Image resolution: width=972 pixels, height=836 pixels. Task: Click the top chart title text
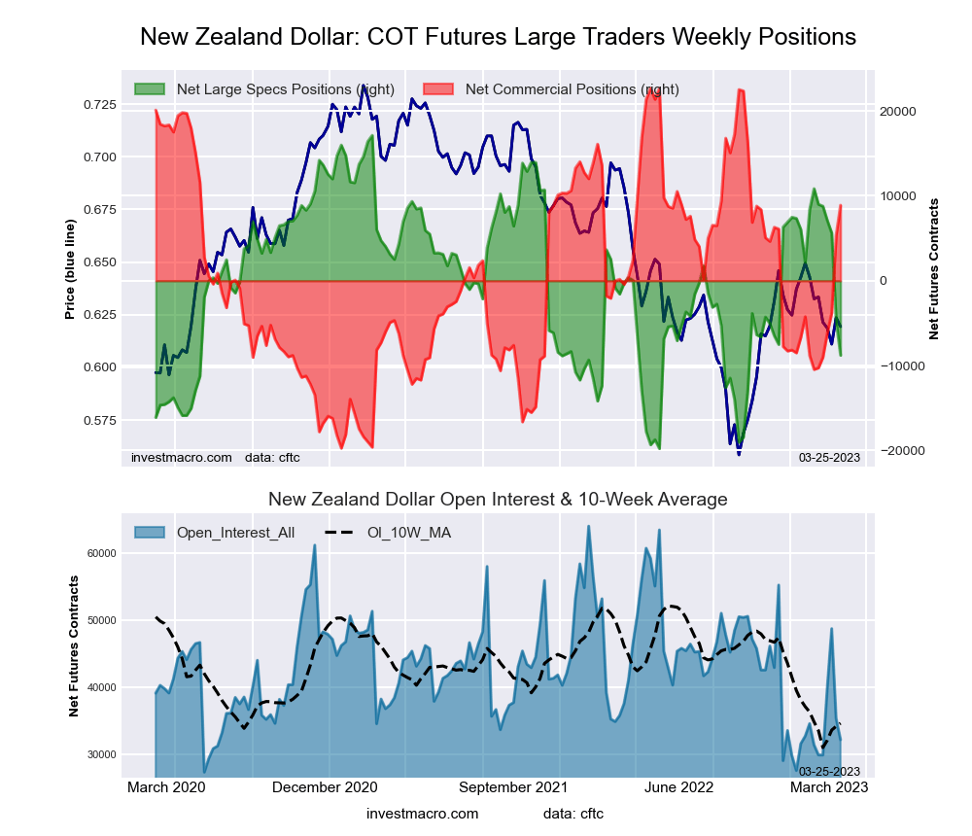pyautogui.click(x=498, y=37)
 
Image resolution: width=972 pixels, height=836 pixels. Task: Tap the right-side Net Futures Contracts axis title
pyautogui.click(x=934, y=268)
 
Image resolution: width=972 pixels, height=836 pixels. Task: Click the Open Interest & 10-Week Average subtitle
pyautogui.click(x=498, y=500)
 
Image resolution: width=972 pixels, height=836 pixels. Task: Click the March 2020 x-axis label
pyautogui.click(x=166, y=787)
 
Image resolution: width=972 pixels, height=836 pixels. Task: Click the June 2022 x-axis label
pyautogui.click(x=680, y=787)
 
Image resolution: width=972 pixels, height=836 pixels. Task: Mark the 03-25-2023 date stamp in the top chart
pyautogui.click(x=829, y=458)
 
